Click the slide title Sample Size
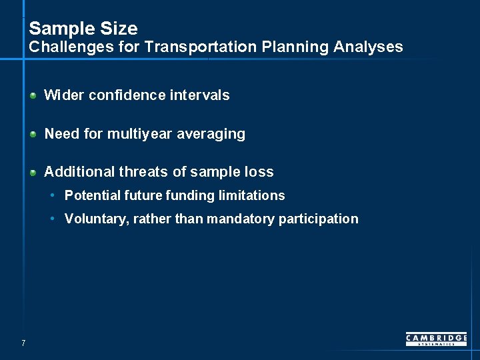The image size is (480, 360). (x=83, y=29)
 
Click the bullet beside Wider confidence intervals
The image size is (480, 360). (x=33, y=96)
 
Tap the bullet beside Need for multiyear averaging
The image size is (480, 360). (x=33, y=134)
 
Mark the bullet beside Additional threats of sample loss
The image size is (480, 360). (x=33, y=173)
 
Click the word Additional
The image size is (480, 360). (x=79, y=172)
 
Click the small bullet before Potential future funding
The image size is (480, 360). (x=53, y=195)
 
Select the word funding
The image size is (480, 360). (x=193, y=195)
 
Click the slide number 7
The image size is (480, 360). (x=23, y=343)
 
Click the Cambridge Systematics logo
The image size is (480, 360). (x=436, y=339)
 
